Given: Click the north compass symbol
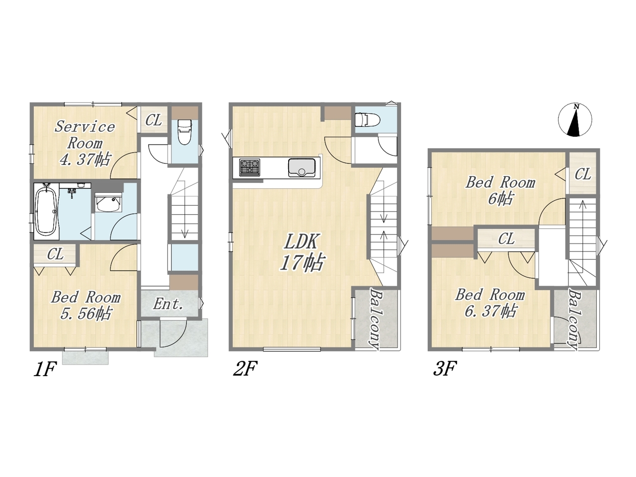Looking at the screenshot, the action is click(x=575, y=120).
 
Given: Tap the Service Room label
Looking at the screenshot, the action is click(x=85, y=135).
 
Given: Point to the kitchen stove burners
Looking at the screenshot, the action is click(x=249, y=167).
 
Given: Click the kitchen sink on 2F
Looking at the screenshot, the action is click(x=302, y=167).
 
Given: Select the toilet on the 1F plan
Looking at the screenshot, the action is click(x=183, y=132).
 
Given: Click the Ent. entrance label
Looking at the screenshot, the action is click(x=168, y=305).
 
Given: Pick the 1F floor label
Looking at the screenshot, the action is click(x=45, y=369).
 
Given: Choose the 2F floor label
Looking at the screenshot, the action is click(x=245, y=369).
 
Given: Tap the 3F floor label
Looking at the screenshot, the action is click(x=445, y=369).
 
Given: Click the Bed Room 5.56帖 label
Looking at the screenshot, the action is click(x=86, y=306).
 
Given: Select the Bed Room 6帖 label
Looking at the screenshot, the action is click(x=500, y=191).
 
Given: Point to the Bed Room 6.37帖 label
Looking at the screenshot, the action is click(x=490, y=303).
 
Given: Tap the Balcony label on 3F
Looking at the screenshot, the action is click(x=574, y=318).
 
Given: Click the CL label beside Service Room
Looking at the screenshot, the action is click(x=154, y=120).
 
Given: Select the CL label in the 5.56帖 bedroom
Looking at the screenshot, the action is click(x=55, y=254).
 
